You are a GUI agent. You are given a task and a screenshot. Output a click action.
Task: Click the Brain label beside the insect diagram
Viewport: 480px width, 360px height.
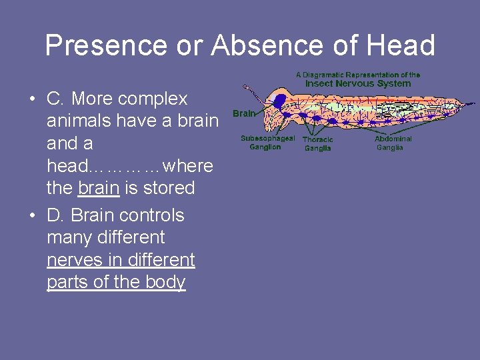coord(244,113)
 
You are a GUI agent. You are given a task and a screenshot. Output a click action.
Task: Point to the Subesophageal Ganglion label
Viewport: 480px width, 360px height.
coord(267,143)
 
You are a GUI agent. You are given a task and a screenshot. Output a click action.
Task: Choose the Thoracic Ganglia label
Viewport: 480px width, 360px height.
coord(317,143)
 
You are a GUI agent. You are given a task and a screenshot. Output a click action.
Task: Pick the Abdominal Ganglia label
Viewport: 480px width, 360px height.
coord(393,143)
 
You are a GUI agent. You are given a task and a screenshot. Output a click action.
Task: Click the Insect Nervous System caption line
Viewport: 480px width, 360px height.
coord(358,83)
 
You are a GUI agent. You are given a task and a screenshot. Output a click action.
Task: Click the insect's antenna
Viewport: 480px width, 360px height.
coord(251,89)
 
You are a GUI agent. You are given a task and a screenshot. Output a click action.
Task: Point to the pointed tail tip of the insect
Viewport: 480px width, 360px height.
coord(472,105)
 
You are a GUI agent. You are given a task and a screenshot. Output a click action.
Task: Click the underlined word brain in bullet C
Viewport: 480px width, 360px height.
coord(99,188)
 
